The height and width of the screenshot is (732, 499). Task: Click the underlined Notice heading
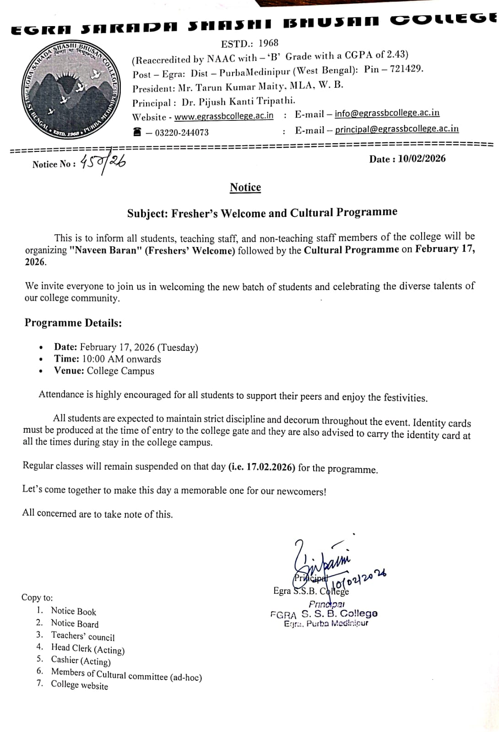click(245, 188)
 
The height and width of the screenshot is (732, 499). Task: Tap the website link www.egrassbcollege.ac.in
click(224, 116)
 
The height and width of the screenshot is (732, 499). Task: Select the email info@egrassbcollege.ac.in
click(387, 113)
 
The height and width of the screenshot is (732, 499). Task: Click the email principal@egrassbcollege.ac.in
click(396, 129)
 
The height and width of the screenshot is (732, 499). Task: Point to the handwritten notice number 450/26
click(103, 162)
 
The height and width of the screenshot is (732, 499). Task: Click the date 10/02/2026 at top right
click(422, 159)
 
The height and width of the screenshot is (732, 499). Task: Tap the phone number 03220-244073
click(182, 133)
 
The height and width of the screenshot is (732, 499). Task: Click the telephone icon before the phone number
click(137, 132)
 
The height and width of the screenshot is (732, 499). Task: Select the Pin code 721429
click(406, 69)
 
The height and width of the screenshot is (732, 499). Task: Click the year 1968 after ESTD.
click(268, 43)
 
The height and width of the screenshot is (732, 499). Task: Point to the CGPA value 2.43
click(397, 54)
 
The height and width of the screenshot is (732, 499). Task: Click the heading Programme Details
click(73, 323)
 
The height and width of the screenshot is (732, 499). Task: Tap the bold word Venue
click(69, 371)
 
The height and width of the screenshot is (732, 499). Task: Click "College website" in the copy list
click(80, 685)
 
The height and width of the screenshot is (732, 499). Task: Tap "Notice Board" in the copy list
click(75, 624)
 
